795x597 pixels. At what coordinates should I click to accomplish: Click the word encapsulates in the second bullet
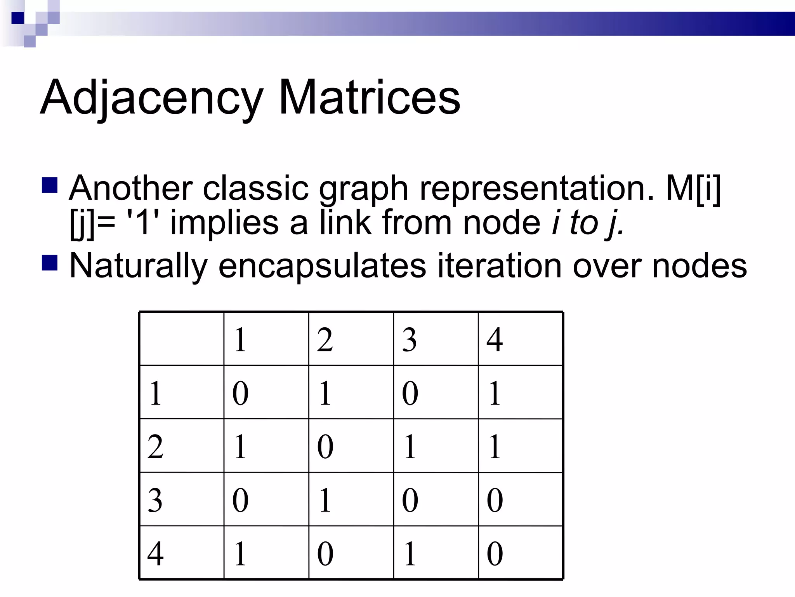(322, 266)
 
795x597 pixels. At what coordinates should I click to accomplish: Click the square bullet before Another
(49, 185)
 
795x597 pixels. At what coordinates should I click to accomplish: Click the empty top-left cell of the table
(182, 339)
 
